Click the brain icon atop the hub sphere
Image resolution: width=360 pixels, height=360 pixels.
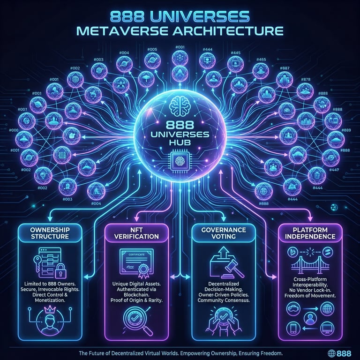click(180, 106)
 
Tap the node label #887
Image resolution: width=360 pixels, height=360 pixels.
click(285, 68)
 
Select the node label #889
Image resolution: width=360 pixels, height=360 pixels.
click(346, 130)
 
